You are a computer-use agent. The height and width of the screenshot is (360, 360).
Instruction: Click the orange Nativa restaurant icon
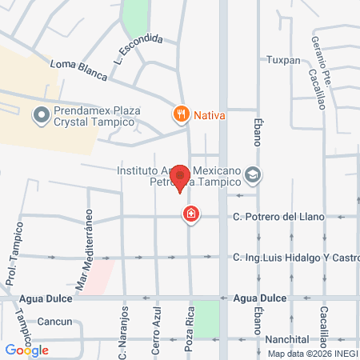182,114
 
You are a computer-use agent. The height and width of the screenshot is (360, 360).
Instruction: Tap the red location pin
182,177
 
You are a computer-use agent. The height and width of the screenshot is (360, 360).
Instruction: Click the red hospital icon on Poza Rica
190,214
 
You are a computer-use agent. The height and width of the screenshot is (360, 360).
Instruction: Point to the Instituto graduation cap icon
253,174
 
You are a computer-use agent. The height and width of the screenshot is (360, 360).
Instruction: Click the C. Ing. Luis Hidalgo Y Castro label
296,258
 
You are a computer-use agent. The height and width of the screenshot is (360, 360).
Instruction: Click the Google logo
26,350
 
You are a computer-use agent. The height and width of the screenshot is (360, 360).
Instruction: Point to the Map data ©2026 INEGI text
312,354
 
